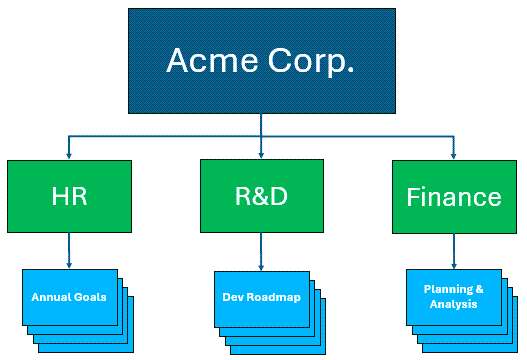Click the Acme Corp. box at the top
[x=260, y=62]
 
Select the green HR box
[x=69, y=196]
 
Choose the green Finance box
[x=453, y=196]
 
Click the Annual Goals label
[x=69, y=298]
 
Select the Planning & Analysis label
[x=453, y=296]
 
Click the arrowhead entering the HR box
[x=69, y=155]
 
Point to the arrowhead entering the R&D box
[x=260, y=155]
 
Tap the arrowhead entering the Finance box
[x=453, y=155]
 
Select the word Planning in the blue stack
[x=447, y=289]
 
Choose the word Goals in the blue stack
[x=89, y=298]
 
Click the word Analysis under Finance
[x=453, y=304]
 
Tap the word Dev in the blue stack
[x=232, y=298]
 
